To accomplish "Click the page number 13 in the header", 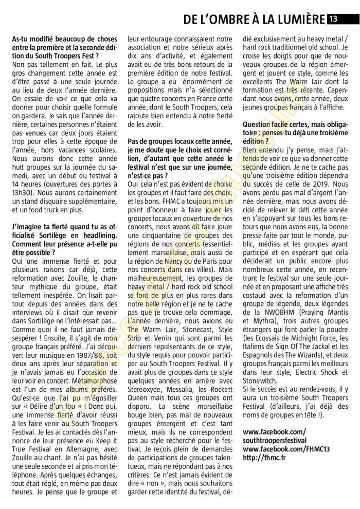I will pyautogui.click(x=334, y=20).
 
